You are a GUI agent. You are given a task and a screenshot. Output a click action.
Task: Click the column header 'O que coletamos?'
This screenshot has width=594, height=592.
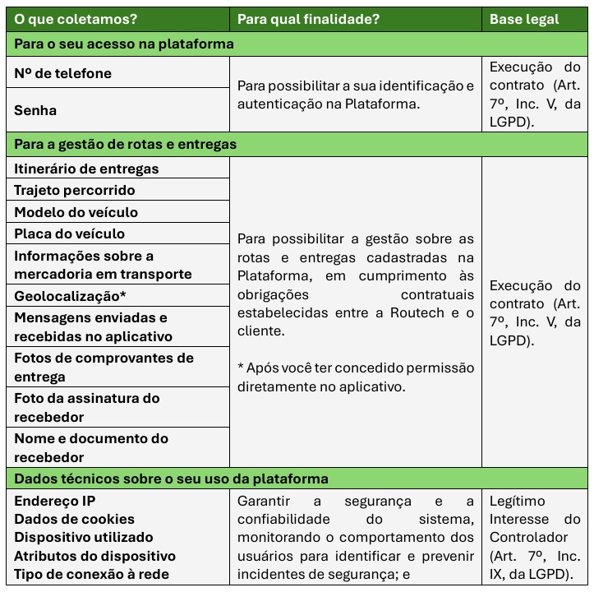(x=76, y=19)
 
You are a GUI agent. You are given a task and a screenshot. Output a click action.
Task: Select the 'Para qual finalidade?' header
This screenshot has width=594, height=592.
(x=309, y=19)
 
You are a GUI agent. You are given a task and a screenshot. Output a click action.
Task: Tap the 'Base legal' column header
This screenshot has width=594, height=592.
(x=524, y=19)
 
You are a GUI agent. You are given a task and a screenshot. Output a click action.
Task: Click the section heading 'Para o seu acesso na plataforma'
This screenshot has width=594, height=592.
(x=124, y=44)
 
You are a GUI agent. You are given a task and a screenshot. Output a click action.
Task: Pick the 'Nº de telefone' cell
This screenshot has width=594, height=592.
(x=63, y=73)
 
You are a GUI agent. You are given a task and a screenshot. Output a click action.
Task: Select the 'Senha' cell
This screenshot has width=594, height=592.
(x=35, y=110)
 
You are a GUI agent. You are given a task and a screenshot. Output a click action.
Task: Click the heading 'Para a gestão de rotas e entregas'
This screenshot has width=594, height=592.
(x=126, y=144)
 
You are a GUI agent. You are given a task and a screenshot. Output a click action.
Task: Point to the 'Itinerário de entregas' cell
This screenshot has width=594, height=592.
(x=86, y=169)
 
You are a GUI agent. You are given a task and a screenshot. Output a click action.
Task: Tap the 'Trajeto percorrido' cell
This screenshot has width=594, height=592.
(x=75, y=190)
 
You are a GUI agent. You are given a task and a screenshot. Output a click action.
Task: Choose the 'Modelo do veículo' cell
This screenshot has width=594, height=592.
(x=76, y=212)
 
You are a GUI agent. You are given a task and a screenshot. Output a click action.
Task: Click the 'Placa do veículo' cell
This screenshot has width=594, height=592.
(x=70, y=234)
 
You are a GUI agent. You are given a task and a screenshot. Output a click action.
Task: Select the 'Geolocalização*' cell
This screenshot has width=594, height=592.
(x=70, y=296)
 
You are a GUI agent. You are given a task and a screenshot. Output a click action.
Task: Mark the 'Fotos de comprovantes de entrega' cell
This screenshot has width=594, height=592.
(x=104, y=368)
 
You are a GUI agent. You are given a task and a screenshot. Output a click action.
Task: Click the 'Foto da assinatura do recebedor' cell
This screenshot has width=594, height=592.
(x=86, y=408)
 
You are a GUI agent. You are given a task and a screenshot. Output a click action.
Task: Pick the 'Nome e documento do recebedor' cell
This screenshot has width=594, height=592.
(x=90, y=448)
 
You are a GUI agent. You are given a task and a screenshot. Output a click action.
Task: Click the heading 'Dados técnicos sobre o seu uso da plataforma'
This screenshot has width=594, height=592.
(x=171, y=479)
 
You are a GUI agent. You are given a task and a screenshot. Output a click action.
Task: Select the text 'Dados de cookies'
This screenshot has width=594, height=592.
(x=74, y=519)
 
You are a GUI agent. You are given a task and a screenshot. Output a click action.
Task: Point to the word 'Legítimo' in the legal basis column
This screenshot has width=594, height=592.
(x=518, y=501)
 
